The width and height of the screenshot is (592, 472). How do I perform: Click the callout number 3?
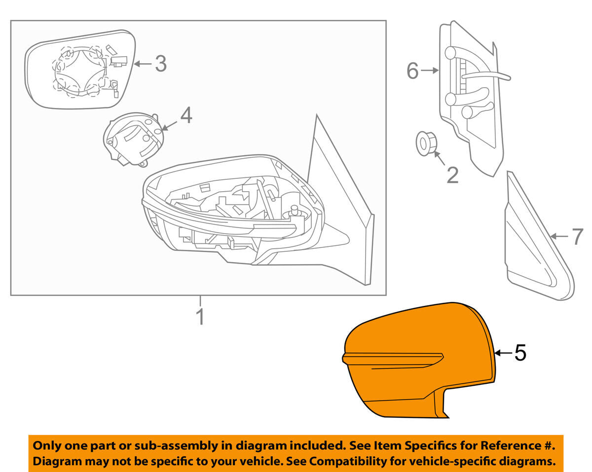161,64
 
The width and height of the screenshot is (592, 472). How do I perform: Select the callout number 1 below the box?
200,317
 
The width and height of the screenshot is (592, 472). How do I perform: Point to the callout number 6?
412,71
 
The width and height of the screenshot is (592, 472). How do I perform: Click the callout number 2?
452,174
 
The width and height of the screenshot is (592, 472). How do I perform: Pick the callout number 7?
578,237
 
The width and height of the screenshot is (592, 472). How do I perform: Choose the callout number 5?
520,353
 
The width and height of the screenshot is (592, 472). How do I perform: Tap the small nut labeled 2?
425,143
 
